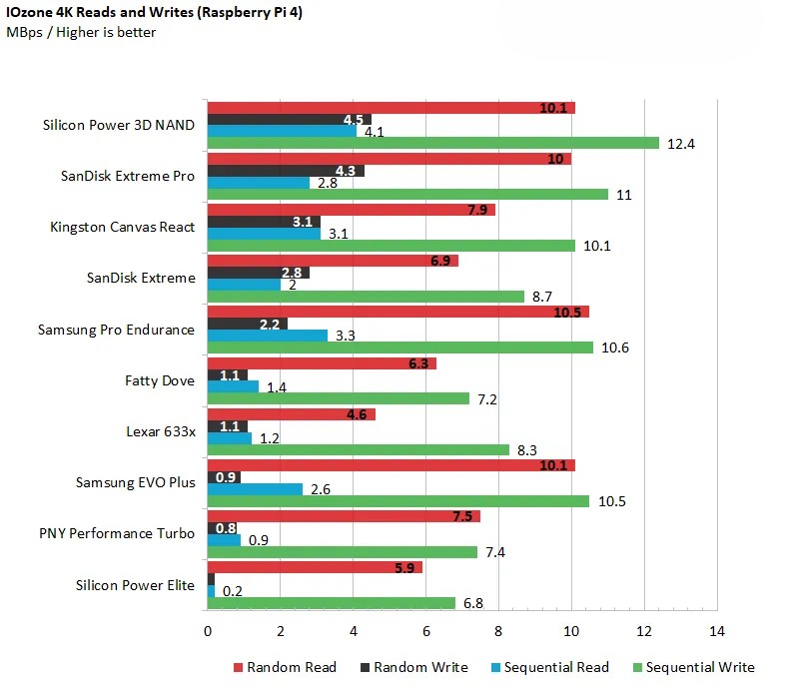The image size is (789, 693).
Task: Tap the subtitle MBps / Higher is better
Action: pos(81,32)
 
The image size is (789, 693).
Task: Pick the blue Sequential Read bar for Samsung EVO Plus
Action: pos(255,489)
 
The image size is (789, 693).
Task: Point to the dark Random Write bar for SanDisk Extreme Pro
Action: pos(285,171)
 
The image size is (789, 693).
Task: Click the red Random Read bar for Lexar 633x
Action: pos(291,413)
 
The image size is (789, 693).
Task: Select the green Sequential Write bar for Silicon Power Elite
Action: pos(331,603)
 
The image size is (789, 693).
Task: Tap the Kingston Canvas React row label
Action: pos(122,227)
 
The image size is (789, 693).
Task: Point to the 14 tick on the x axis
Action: pos(716,632)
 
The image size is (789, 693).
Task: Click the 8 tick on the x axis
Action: pos(498,632)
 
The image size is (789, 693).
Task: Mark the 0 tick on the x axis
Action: pos(207,632)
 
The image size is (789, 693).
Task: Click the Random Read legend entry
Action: pos(285,667)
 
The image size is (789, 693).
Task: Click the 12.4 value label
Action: pos(681,144)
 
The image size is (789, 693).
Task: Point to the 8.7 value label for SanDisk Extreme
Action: pos(545,298)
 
